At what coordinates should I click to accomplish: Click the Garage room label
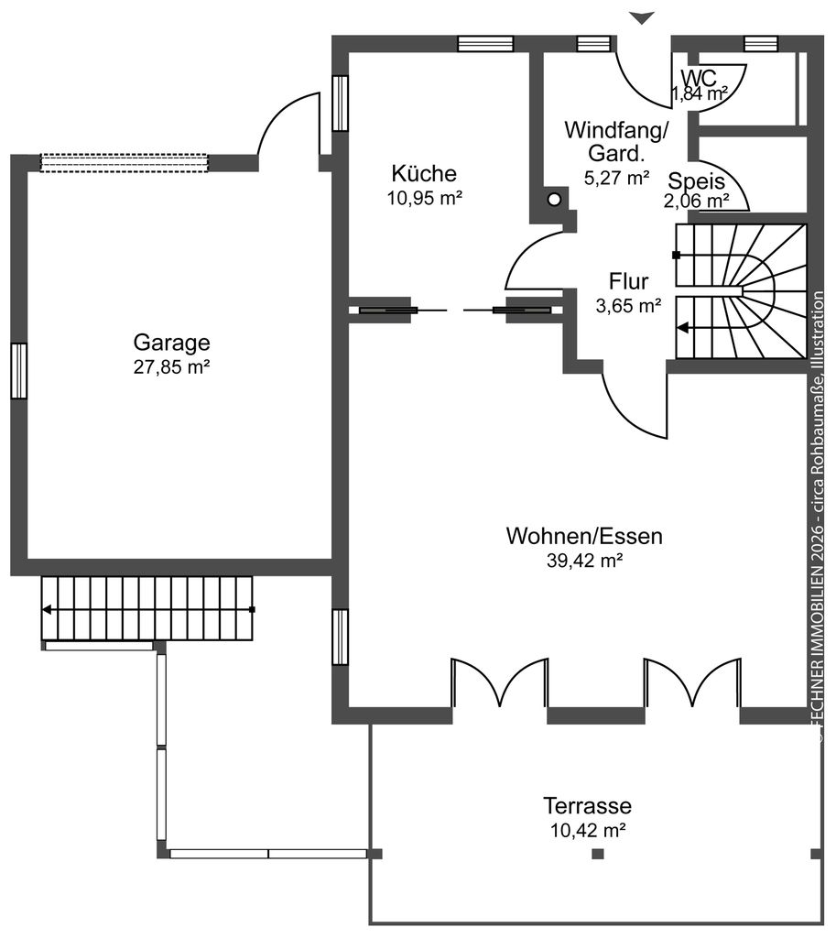pos(171,343)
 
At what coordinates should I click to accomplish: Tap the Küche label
pos(424,173)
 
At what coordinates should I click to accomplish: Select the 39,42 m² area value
pos(585,561)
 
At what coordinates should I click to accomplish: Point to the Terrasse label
pos(587,806)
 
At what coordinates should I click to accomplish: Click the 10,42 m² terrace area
pos(588,830)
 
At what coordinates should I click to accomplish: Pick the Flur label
pos(628,281)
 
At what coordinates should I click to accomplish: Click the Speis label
pos(696,180)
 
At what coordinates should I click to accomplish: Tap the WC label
pos(699,78)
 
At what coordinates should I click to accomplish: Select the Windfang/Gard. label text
pos(616,141)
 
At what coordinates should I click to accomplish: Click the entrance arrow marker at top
pos(642,18)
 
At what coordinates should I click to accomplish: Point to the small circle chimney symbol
pos(555,199)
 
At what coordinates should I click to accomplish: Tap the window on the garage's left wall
pos(19,371)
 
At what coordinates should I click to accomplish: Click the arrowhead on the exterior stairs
pos(46,610)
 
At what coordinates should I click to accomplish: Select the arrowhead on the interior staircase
pos(682,328)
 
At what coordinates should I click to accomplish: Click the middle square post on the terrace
pos(597,854)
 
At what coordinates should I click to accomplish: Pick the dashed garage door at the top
pos(124,163)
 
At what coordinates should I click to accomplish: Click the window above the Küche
pos(485,44)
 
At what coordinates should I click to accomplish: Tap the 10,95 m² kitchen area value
pos(425,198)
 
